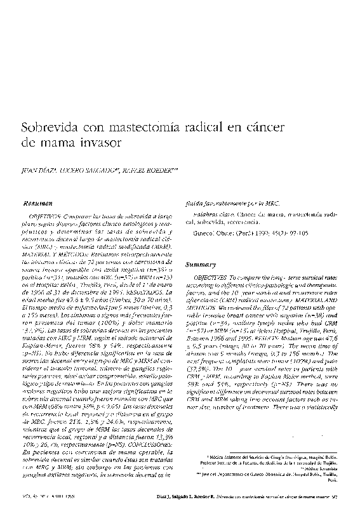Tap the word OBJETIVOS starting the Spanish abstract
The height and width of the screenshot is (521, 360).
coord(47,216)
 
